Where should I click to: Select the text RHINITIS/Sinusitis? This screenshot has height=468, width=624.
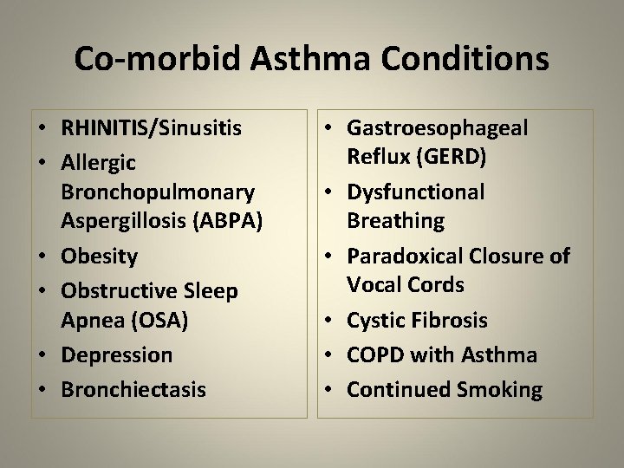click(151, 129)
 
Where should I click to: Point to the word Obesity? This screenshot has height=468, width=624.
click(99, 257)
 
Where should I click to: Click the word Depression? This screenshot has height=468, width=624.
click(116, 354)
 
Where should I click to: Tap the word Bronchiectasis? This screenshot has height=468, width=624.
click(133, 389)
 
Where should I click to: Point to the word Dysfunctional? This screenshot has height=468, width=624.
click(415, 192)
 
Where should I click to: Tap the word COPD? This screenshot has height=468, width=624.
click(374, 354)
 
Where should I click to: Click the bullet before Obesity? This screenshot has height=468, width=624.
click(42, 257)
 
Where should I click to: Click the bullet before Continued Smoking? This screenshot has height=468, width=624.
click(329, 390)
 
